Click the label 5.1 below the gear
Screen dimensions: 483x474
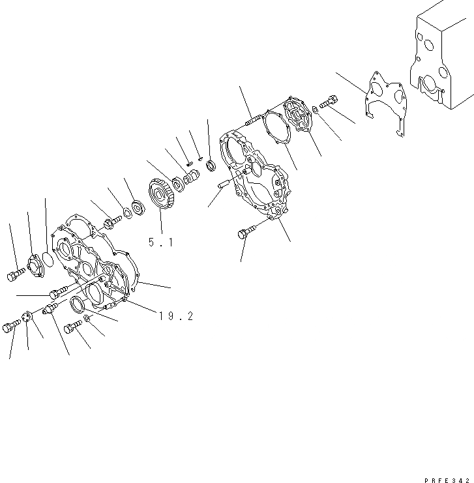tap(160, 242)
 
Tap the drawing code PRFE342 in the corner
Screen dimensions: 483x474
tap(447, 478)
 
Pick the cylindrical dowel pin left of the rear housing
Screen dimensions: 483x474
tap(223, 185)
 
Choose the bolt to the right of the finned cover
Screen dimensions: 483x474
tap(328, 102)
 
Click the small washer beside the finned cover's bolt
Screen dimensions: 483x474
tap(314, 108)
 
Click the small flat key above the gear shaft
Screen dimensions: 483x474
tap(188, 163)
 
